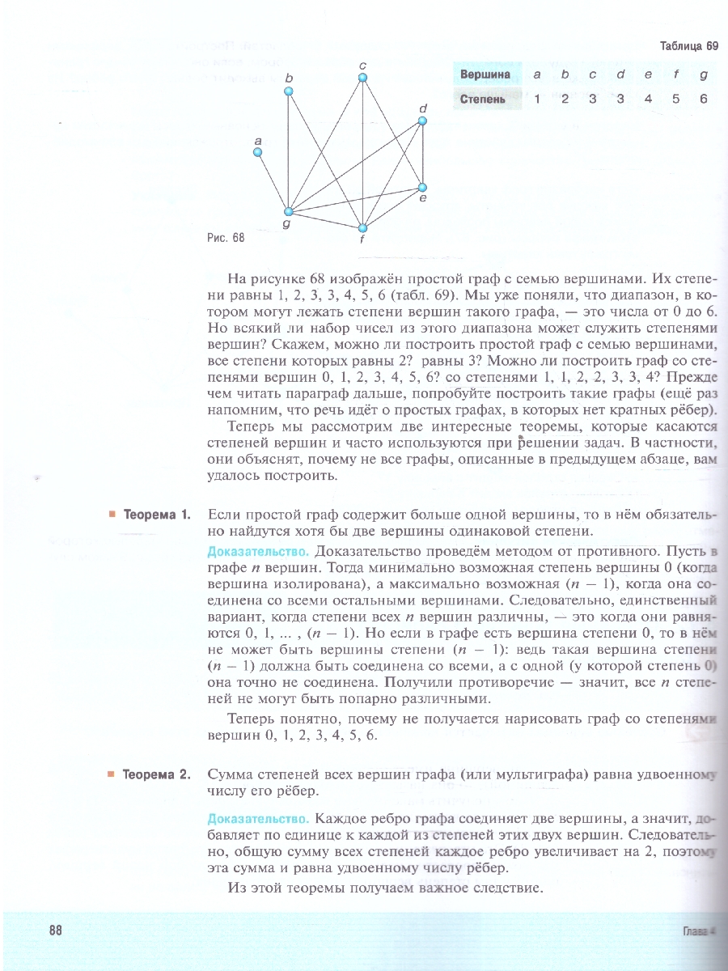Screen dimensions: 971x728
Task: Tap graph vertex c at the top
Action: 363,78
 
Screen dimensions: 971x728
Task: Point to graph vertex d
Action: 421,121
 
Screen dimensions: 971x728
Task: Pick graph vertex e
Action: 421,188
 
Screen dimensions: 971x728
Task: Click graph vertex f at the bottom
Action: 363,228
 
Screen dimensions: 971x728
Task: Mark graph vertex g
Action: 287,213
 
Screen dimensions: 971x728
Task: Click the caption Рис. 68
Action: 226,239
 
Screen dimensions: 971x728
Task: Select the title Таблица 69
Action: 688,46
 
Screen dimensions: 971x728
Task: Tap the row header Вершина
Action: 485,74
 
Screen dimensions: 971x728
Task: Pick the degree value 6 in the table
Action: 704,100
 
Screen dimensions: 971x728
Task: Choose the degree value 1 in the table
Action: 537,100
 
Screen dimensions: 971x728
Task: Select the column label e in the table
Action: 648,74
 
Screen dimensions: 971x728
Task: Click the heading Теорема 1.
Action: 156,515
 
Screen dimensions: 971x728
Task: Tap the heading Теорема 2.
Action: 156,774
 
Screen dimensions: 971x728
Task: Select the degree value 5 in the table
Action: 675,100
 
